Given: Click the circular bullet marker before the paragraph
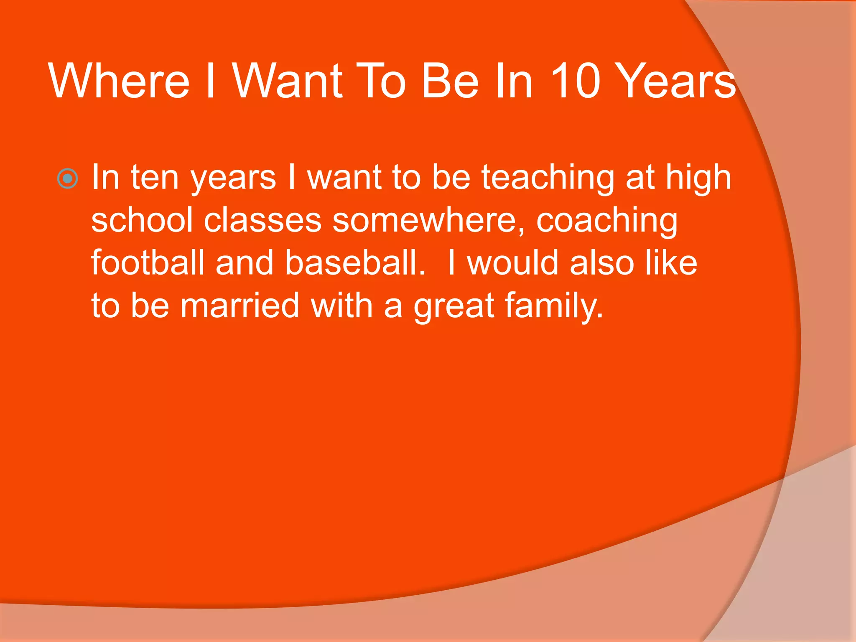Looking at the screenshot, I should pos(67,179).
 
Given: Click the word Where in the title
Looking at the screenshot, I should pos(119,81).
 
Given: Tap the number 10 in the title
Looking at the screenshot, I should pos(575,81).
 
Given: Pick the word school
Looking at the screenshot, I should pos(142,220).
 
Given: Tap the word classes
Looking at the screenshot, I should pos(262,220).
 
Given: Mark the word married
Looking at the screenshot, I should pos(240,306).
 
